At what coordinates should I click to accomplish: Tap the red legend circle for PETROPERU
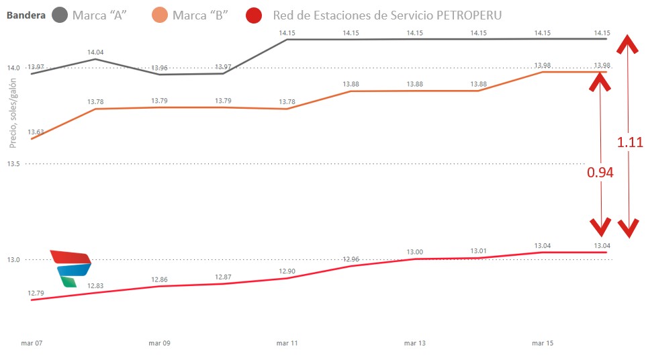click(x=254, y=15)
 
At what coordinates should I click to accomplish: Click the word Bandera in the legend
click(x=26, y=15)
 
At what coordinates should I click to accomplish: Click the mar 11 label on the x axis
click(x=287, y=343)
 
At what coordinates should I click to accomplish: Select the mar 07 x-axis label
click(x=32, y=343)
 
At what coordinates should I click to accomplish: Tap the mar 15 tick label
click(x=543, y=343)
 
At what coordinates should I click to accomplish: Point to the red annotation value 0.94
click(x=600, y=173)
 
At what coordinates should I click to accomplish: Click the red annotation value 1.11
click(x=630, y=142)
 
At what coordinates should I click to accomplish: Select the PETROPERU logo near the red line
click(x=71, y=268)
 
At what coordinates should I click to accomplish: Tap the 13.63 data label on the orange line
click(x=36, y=132)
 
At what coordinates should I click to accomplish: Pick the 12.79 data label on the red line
click(x=36, y=293)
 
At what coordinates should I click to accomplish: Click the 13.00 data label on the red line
click(x=415, y=252)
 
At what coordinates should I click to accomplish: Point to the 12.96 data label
click(x=351, y=259)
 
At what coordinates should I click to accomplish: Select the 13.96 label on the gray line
click(x=160, y=68)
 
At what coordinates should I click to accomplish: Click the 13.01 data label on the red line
click(x=479, y=251)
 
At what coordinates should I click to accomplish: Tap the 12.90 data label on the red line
click(x=287, y=271)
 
